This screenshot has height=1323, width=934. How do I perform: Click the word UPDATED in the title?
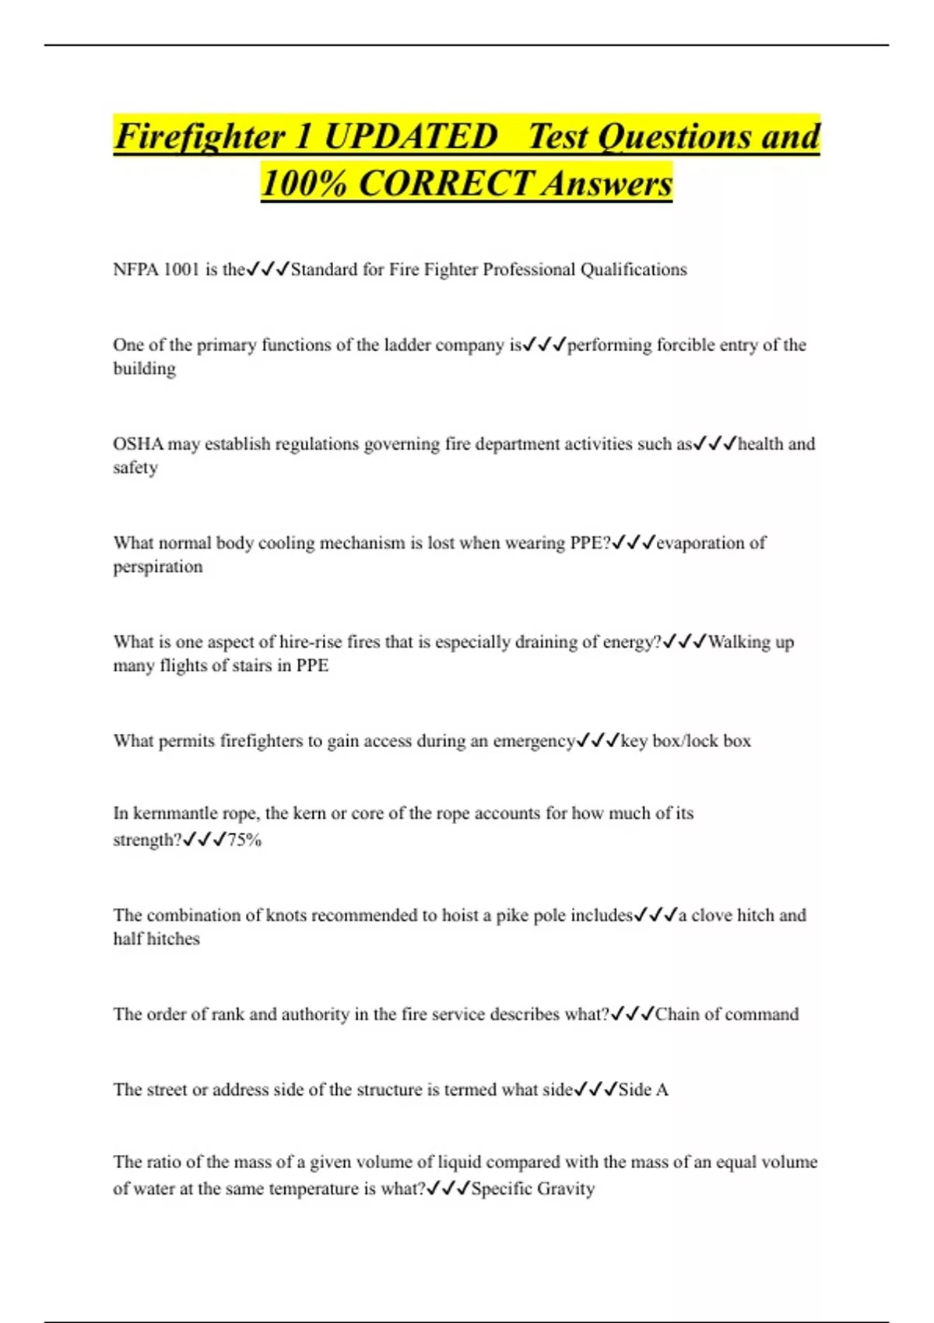tap(410, 137)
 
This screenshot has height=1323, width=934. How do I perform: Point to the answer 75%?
tap(244, 840)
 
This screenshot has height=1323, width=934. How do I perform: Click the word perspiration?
tap(158, 567)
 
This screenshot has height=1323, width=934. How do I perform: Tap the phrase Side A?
tap(643, 1090)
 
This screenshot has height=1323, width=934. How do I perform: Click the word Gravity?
tap(566, 1189)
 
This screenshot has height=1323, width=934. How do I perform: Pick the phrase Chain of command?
tap(727, 1015)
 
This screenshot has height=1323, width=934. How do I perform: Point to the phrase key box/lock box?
tap(686, 742)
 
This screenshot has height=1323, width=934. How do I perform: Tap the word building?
tap(145, 369)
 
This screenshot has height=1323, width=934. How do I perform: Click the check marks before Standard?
tap(268, 270)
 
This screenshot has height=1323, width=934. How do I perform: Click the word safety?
tap(135, 468)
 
